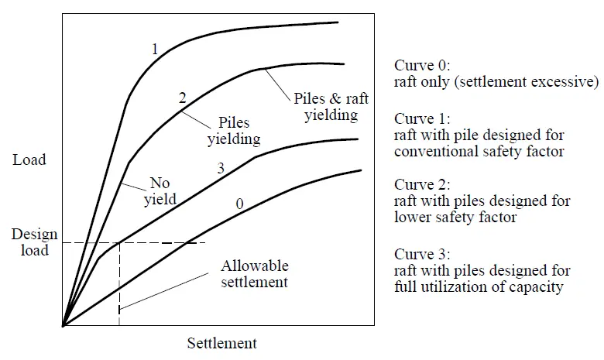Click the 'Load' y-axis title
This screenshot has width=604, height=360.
click(x=29, y=160)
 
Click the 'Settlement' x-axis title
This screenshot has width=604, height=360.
click(x=221, y=342)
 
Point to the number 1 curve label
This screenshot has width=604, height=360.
click(x=155, y=49)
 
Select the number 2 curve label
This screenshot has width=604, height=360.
click(x=182, y=98)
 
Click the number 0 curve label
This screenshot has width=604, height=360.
click(x=240, y=204)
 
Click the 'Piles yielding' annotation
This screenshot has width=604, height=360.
click(x=233, y=132)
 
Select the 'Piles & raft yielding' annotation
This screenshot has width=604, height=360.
click(x=325, y=108)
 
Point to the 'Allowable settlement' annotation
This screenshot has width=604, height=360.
click(x=254, y=274)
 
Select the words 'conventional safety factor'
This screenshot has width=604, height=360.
click(x=479, y=151)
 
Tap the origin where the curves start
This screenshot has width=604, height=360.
click(x=63, y=326)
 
